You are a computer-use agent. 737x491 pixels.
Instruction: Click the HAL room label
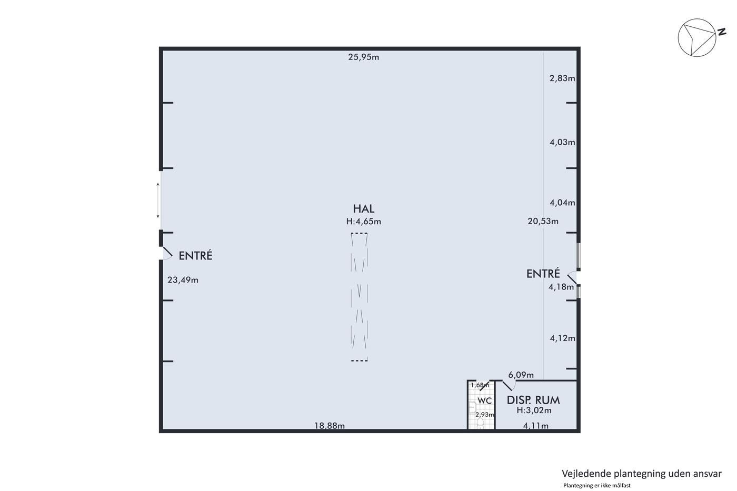click(x=364, y=209)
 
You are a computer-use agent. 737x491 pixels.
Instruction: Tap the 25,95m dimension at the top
click(x=364, y=57)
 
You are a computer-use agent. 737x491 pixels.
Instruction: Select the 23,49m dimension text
click(x=183, y=280)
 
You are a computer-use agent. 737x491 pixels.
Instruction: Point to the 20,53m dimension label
click(x=543, y=222)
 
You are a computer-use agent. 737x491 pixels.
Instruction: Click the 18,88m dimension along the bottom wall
click(x=330, y=426)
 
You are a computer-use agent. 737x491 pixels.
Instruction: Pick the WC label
click(x=485, y=401)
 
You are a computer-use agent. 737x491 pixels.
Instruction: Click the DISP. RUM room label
click(x=533, y=400)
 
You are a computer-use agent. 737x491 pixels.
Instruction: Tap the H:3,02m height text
click(x=534, y=410)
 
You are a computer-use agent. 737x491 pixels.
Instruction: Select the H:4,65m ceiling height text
click(x=364, y=222)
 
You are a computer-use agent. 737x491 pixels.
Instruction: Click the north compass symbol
click(x=697, y=37)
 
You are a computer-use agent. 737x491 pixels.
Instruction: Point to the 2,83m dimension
click(x=562, y=78)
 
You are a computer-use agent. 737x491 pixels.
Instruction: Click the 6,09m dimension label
click(x=521, y=375)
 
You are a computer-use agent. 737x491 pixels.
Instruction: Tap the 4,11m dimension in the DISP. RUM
click(x=536, y=426)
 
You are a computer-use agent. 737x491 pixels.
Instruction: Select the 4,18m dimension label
click(x=561, y=287)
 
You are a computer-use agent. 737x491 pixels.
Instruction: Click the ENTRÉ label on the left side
click(x=195, y=256)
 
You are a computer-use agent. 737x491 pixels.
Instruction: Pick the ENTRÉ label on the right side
click(x=543, y=274)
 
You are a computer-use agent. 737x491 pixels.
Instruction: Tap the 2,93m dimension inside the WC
click(x=485, y=415)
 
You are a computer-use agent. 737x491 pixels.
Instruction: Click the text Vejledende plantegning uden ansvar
click(x=642, y=474)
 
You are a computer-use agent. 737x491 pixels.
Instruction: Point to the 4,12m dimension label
click(x=562, y=338)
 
